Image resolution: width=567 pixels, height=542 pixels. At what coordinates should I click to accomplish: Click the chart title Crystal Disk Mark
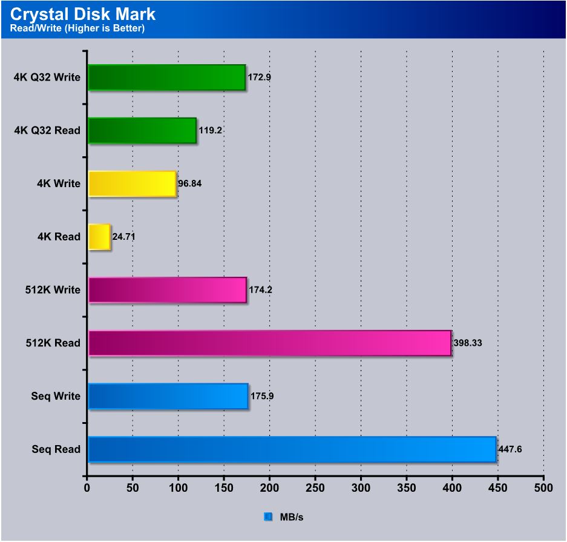(83, 14)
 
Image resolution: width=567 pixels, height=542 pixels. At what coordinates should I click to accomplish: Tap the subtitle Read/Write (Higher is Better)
(77, 28)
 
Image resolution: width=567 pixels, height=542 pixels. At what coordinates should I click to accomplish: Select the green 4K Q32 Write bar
(166, 77)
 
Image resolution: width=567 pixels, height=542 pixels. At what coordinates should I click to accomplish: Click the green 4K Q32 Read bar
(142, 130)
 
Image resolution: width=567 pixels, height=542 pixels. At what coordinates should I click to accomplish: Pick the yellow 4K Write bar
(132, 183)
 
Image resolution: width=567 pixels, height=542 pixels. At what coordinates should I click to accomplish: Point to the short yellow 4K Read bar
(99, 237)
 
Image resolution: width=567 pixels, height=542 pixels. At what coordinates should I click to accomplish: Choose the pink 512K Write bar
(167, 289)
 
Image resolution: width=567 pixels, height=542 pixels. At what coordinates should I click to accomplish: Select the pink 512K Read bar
(270, 343)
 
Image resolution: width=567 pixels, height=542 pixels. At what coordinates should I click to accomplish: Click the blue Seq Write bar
(168, 396)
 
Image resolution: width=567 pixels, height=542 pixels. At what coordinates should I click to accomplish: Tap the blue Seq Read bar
(292, 449)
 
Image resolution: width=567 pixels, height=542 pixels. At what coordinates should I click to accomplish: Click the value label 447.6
(510, 450)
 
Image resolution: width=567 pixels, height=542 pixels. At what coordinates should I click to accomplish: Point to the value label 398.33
(468, 343)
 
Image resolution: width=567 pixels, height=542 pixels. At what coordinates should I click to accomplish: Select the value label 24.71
(124, 237)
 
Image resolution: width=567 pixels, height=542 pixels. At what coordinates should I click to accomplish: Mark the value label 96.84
(190, 183)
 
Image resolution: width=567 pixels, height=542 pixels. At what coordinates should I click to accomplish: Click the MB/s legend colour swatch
(268, 517)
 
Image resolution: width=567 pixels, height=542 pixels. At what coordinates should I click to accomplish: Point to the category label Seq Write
(56, 397)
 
